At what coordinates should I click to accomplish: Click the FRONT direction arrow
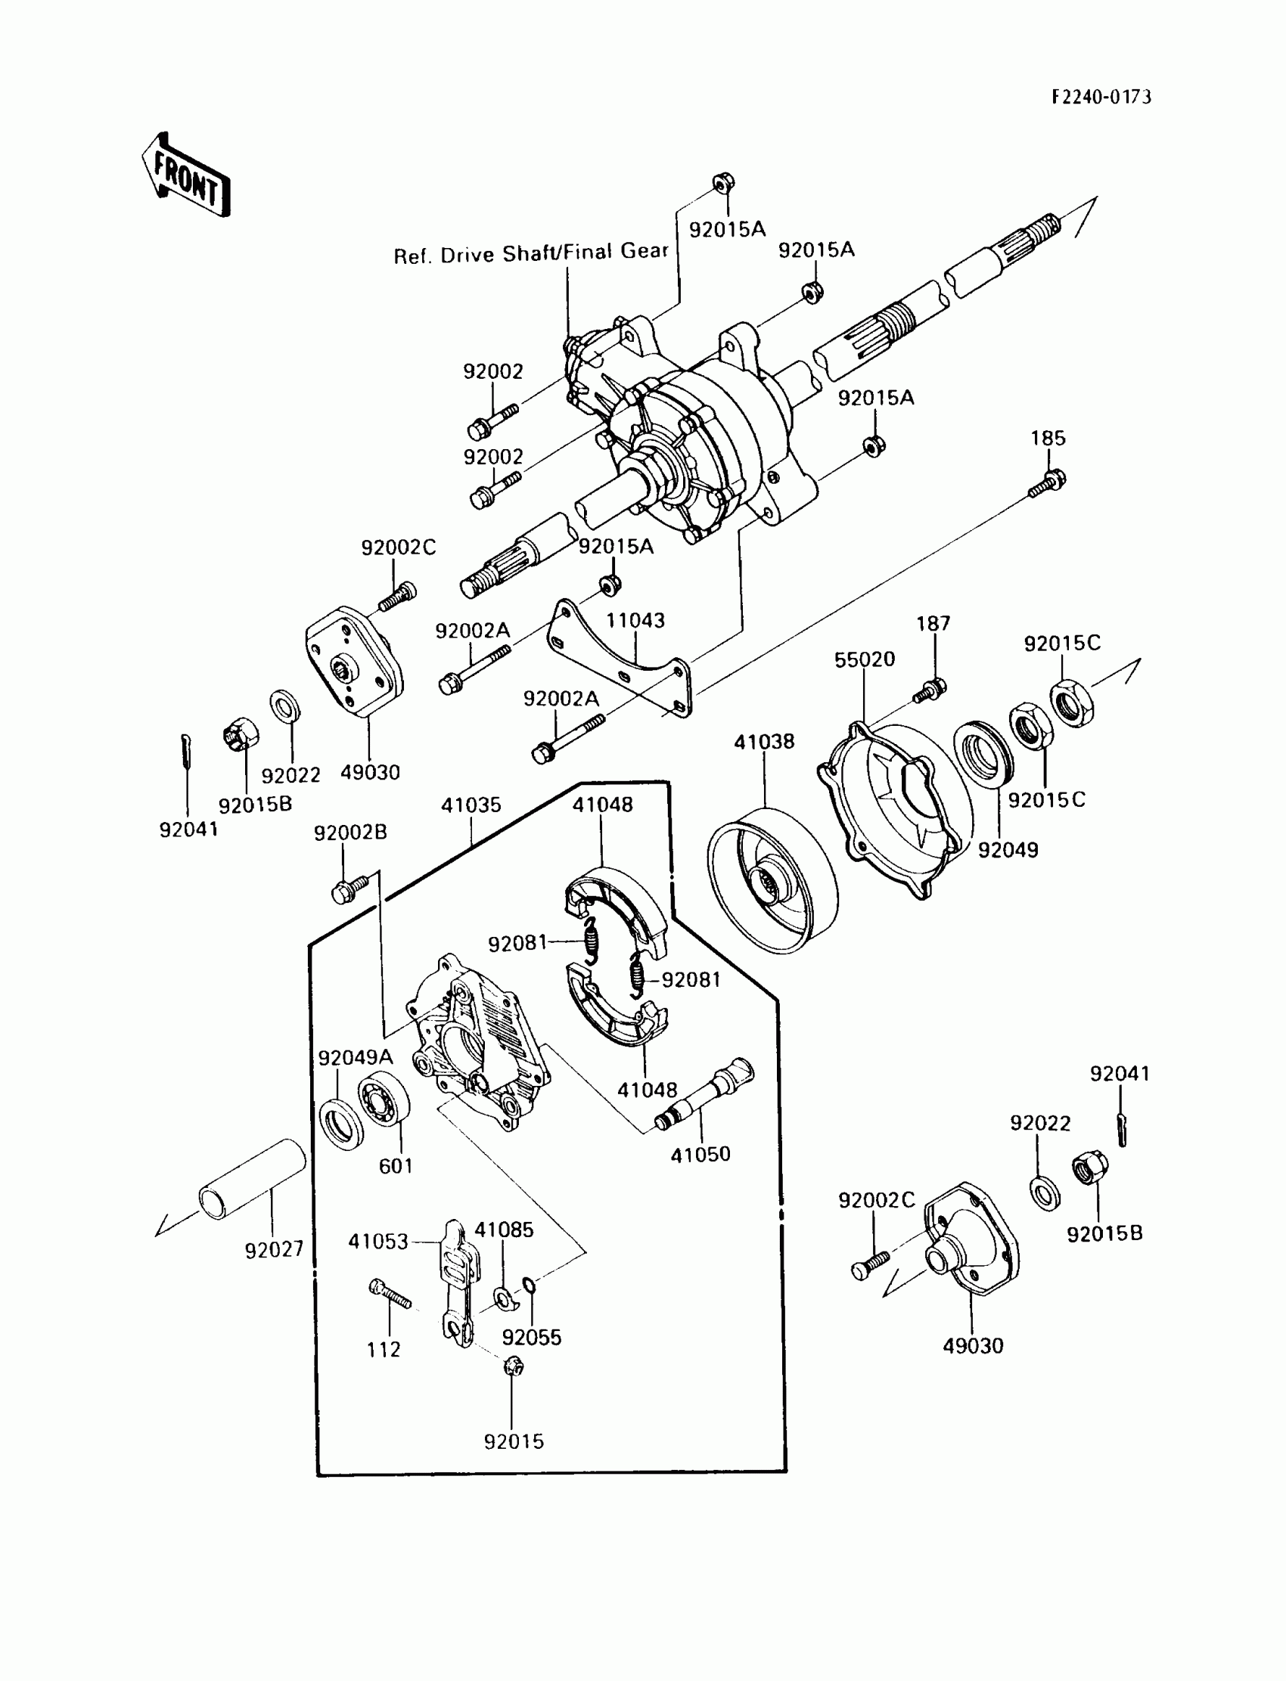(x=186, y=176)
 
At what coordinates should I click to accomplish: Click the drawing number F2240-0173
(x=1101, y=98)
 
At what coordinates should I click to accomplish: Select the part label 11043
(x=635, y=621)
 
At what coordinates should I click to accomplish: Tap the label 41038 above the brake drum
(x=764, y=741)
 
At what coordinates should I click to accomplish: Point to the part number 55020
(x=864, y=659)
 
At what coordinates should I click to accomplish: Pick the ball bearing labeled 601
(x=384, y=1099)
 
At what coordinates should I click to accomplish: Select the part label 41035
(x=471, y=805)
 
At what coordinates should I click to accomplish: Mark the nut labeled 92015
(x=514, y=1366)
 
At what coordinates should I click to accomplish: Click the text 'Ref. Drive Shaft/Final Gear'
(x=531, y=253)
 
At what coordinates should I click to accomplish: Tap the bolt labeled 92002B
(x=351, y=889)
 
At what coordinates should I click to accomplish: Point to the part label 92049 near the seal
(x=1008, y=850)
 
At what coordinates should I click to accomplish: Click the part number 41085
(x=504, y=1230)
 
